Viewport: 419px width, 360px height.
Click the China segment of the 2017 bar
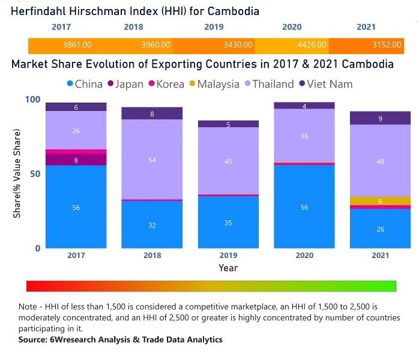pyautogui.click(x=76, y=207)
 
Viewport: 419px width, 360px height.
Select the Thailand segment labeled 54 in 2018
pyautogui.click(x=152, y=160)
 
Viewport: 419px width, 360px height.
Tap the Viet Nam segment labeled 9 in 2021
pyautogui.click(x=380, y=118)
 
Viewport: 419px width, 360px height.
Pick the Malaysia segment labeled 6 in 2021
pyautogui.click(x=380, y=201)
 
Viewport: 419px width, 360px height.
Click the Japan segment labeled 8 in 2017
pyautogui.click(x=76, y=160)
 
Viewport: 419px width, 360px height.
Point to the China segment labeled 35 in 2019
pyautogui.click(x=228, y=222)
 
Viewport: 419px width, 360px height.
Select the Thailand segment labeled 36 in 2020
pyautogui.click(x=304, y=136)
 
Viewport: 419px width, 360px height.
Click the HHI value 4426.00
pyautogui.click(x=312, y=45)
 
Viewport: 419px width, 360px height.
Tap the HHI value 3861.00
pyautogui.click(x=77, y=45)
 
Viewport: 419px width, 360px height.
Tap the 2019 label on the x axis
pyautogui.click(x=228, y=255)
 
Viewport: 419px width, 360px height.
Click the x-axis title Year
pyautogui.click(x=228, y=268)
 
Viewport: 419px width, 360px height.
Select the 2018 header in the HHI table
pyautogui.click(x=133, y=27)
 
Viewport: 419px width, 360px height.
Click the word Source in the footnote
pyautogui.click(x=34, y=340)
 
